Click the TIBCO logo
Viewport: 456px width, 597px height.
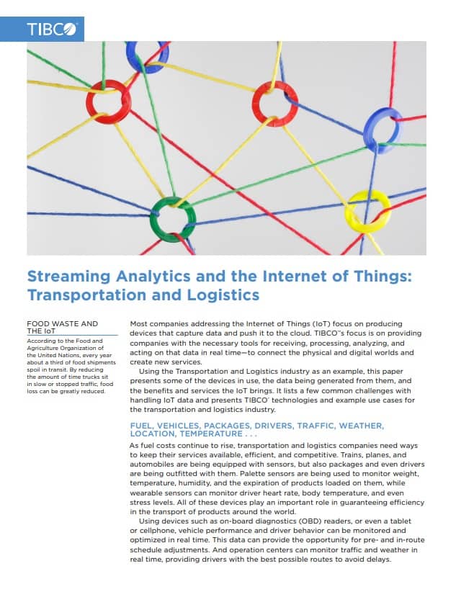[51, 30]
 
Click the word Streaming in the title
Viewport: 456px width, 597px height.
[68, 276]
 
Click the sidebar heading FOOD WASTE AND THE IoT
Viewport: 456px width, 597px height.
[63, 328]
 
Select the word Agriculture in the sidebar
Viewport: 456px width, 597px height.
[43, 348]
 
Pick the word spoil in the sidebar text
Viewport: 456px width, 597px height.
[33, 369]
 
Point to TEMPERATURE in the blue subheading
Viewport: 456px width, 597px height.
[211, 434]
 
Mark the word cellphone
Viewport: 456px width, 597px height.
[155, 530]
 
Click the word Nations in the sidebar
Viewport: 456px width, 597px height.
[68, 355]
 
